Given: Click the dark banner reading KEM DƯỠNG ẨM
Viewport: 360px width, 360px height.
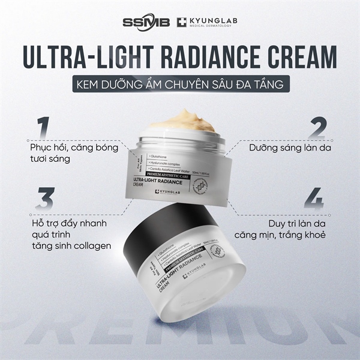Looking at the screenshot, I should (179, 84).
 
